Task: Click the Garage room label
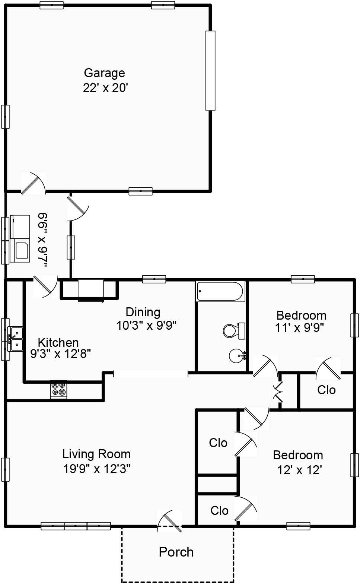coord(104,73)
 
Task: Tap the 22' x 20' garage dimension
coord(105,88)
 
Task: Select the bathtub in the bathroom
coord(220,291)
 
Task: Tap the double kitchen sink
coord(16,339)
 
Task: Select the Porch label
coord(176,552)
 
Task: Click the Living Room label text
coord(96,454)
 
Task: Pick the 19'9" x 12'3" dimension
coord(96,469)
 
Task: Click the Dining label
coord(143,312)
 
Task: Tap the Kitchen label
coord(58,342)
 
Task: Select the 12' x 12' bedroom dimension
coord(299,470)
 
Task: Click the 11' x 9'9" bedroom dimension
coord(299,328)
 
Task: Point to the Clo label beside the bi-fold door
coord(326,390)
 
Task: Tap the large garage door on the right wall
coord(210,71)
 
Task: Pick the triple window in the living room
coord(76,526)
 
